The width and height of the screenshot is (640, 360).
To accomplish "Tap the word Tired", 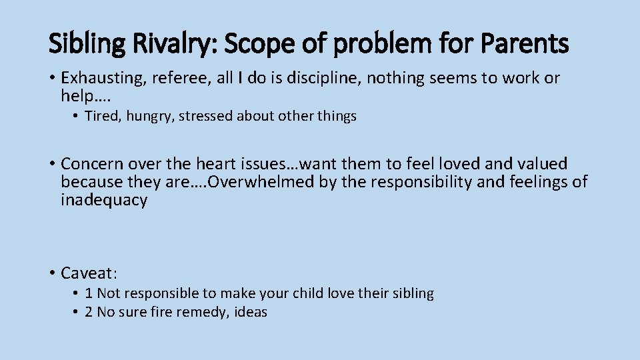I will (100, 116).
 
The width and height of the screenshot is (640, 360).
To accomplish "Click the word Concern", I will (91, 164).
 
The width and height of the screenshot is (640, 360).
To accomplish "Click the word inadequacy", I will (104, 201).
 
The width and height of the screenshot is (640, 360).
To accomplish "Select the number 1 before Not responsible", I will (89, 293).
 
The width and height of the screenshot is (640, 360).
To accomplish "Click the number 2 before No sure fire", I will (89, 312).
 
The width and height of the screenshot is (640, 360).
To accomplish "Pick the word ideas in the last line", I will (251, 312).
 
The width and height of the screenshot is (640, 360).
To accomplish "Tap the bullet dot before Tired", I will (77, 117).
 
